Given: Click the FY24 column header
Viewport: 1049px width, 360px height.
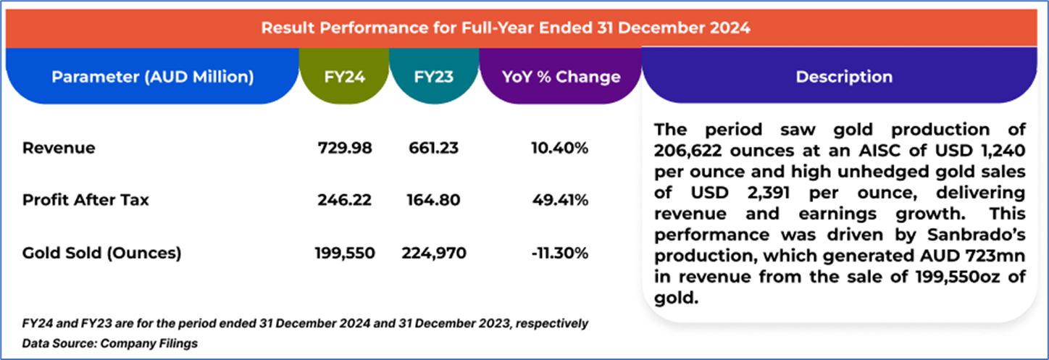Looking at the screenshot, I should click(x=344, y=76).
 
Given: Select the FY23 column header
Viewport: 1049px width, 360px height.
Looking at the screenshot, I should click(x=434, y=76).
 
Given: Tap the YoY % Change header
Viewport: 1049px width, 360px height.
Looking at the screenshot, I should click(x=561, y=76).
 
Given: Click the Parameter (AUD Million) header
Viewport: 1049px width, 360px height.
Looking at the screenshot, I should click(x=152, y=76).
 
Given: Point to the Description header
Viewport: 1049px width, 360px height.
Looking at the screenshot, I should click(x=844, y=76).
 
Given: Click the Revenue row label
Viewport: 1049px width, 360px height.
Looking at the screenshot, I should click(x=59, y=148).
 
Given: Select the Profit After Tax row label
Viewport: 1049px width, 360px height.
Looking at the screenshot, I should click(x=85, y=200).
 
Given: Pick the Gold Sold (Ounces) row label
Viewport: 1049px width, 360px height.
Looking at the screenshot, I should click(x=102, y=253).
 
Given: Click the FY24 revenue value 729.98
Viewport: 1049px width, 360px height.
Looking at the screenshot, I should click(x=344, y=148).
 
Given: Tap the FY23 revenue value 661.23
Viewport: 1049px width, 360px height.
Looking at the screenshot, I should click(x=432, y=148).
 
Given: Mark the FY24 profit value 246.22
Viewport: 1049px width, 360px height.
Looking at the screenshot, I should click(x=344, y=200).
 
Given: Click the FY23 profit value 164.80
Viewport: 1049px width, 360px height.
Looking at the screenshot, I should click(x=432, y=200).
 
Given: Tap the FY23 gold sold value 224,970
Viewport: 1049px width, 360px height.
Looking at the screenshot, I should click(x=432, y=253).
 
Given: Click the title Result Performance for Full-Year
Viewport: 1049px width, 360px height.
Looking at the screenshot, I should click(x=506, y=28).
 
